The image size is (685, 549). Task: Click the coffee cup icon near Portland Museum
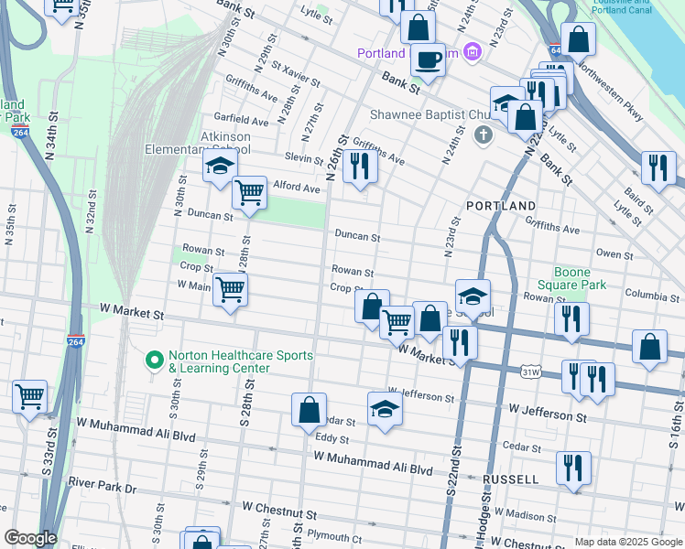coord(428,60)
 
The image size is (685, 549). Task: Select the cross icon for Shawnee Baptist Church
coord(484,135)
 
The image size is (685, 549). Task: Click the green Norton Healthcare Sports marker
coord(154,361)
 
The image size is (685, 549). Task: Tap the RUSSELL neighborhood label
coord(511,479)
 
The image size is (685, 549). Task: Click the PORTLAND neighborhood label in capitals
coord(500,206)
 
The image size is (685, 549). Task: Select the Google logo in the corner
coord(30,538)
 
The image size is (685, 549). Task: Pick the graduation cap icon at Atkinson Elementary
coord(219,167)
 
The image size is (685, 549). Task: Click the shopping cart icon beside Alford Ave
coord(249,192)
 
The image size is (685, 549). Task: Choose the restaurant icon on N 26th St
coord(361,167)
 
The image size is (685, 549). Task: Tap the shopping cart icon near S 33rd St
coord(30,396)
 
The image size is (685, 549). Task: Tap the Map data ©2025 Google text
coord(627,542)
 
